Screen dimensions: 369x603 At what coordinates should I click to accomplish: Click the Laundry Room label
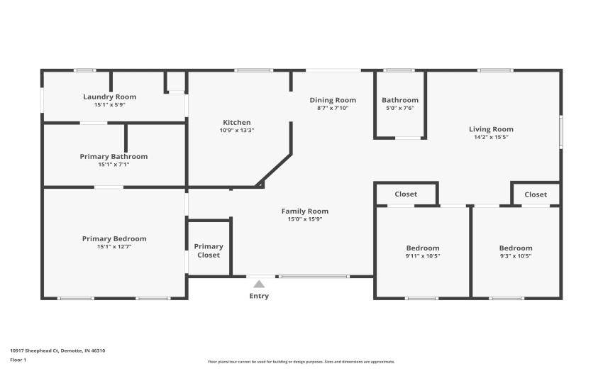click(x=109, y=97)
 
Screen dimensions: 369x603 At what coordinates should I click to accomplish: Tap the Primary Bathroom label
click(x=114, y=156)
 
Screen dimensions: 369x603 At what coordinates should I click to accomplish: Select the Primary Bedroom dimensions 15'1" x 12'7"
click(x=114, y=247)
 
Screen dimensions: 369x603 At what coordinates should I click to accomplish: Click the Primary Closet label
click(x=209, y=250)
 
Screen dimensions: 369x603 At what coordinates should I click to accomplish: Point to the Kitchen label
click(x=236, y=122)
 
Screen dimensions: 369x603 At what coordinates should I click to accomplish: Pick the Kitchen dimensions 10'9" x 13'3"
click(x=236, y=131)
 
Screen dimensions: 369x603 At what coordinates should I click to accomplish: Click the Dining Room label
click(x=332, y=100)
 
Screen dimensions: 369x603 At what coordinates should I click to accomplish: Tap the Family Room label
click(x=304, y=211)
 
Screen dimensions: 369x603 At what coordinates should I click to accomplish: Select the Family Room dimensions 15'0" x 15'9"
click(x=304, y=219)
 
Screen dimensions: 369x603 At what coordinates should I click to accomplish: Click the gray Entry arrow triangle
click(x=259, y=284)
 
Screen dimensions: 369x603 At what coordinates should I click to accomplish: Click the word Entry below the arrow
click(x=259, y=296)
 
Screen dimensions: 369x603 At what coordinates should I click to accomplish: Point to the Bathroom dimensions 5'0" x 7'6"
click(x=400, y=109)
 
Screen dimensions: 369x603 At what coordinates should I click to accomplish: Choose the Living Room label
click(x=491, y=129)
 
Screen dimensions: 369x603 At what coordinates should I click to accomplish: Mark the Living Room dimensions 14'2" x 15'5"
click(x=491, y=137)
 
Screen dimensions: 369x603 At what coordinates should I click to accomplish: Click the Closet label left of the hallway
click(x=406, y=194)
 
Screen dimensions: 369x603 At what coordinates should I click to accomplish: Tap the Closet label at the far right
click(x=536, y=194)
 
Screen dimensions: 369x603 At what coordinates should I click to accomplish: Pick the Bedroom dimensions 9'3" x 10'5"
click(x=515, y=256)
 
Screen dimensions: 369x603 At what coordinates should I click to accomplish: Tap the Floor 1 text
click(x=18, y=360)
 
